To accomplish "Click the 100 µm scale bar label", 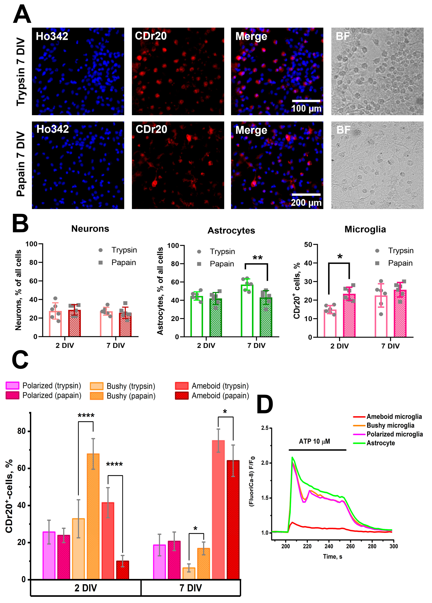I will pyautogui.click(x=306, y=108).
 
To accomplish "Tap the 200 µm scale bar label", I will pyautogui.click(x=306, y=203).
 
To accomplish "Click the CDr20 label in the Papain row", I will pyautogui.click(x=151, y=129).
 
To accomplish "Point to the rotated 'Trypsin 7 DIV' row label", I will pyautogui.click(x=21, y=72).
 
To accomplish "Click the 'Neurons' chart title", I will pyautogui.click(x=90, y=229).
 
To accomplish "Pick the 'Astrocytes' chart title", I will pyautogui.click(x=231, y=231).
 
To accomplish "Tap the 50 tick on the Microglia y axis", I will pyautogui.click(x=308, y=244).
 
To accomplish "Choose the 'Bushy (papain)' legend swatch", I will pyautogui.click(x=97, y=396).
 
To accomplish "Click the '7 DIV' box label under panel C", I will pyautogui.click(x=190, y=588).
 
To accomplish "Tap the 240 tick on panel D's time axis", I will pyautogui.click(x=329, y=546).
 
